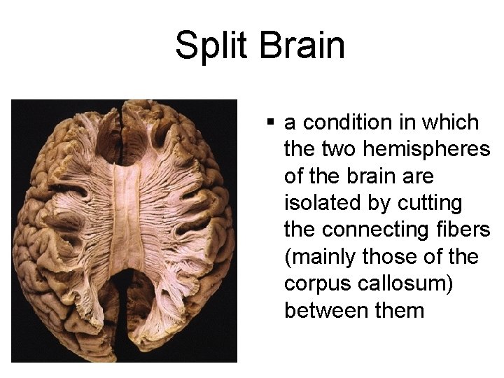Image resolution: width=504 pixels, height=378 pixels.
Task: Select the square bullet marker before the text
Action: (269, 123)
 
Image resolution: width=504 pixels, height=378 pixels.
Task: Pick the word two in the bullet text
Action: (341, 150)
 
